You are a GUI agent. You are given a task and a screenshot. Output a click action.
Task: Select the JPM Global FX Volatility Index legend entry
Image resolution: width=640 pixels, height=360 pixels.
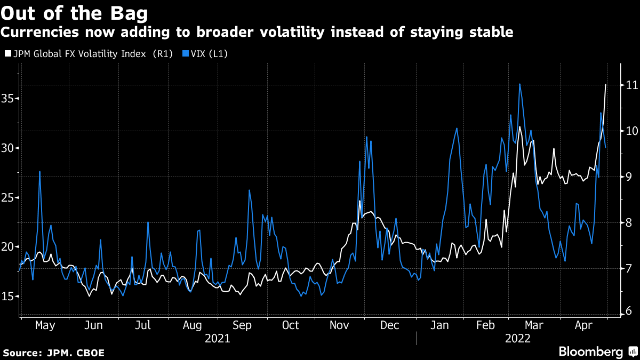(x=89, y=54)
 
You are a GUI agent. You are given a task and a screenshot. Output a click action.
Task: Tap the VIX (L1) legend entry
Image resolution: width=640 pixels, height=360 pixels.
(x=205, y=54)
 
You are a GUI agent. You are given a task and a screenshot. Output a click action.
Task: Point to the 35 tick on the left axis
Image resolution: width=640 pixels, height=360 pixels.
(x=8, y=99)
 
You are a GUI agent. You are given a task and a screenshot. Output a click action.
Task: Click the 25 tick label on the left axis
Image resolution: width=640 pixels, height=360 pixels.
(x=8, y=198)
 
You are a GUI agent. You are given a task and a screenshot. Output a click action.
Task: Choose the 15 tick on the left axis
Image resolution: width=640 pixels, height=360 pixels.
(x=8, y=297)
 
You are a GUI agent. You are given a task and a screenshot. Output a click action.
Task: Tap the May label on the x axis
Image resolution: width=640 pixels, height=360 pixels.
(x=45, y=325)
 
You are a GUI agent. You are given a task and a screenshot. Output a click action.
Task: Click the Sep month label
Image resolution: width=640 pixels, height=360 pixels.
(x=242, y=325)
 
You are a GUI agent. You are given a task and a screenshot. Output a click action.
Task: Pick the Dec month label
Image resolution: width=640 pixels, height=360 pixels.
(x=390, y=325)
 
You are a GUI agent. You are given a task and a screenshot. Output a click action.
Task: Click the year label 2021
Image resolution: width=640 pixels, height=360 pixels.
(x=218, y=338)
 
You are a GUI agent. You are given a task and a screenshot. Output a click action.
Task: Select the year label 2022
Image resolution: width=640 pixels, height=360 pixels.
(x=517, y=338)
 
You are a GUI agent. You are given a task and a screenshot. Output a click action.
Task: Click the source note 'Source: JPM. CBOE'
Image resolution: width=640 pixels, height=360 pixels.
(x=53, y=353)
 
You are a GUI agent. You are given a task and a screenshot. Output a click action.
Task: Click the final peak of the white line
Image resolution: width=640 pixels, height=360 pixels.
(x=605, y=85)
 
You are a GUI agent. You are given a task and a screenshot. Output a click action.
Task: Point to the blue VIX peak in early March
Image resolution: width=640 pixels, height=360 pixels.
(x=519, y=84)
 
